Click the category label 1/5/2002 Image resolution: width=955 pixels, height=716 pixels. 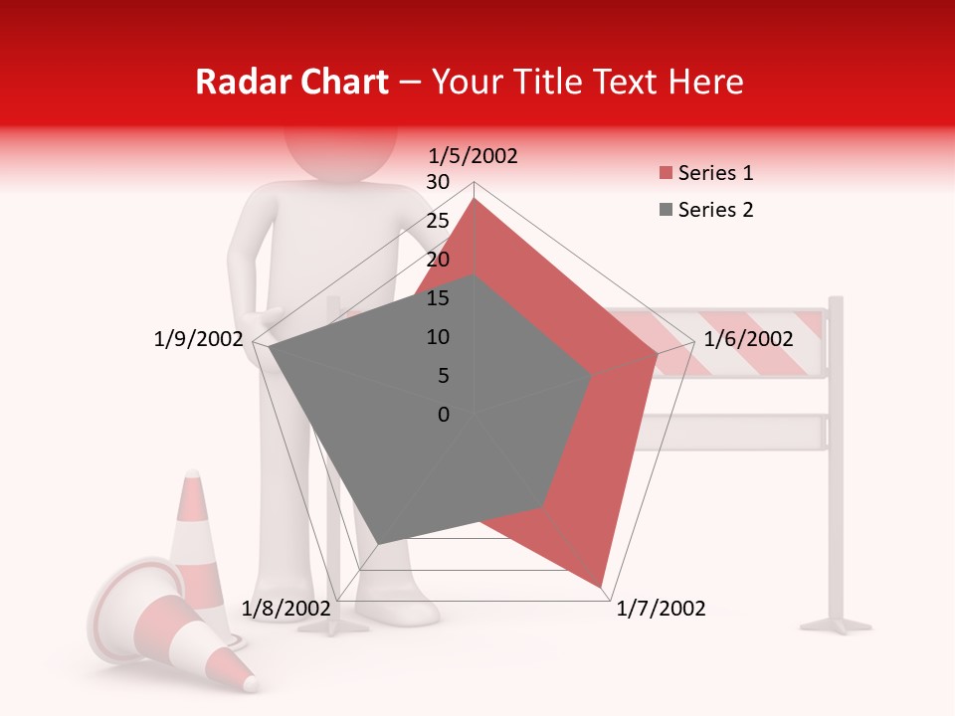pyautogui.click(x=474, y=155)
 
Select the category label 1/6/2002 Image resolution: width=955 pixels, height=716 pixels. pyautogui.click(x=748, y=339)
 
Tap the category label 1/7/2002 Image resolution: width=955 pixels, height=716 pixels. pyautogui.click(x=661, y=609)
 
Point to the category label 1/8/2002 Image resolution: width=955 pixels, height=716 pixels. pyautogui.click(x=286, y=609)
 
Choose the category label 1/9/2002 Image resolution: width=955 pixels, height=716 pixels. pyautogui.click(x=199, y=339)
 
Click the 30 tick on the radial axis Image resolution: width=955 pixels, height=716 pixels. pyautogui.click(x=438, y=182)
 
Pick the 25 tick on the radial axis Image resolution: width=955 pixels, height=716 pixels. pyautogui.click(x=438, y=221)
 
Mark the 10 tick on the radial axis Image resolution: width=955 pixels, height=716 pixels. pyautogui.click(x=438, y=337)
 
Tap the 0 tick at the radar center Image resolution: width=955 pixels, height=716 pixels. pyautogui.click(x=444, y=415)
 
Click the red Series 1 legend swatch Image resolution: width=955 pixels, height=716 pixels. pyautogui.click(x=666, y=174)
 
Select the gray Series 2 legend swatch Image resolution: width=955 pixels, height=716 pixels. pyautogui.click(x=666, y=210)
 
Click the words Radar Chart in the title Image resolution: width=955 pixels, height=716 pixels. pyautogui.click(x=291, y=83)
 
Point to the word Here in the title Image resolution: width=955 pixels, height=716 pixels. pyautogui.click(x=706, y=83)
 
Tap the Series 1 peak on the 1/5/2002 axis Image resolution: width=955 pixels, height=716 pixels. pyautogui.click(x=474, y=198)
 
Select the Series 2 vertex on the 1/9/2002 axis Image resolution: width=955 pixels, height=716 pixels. pyautogui.click(x=270, y=347)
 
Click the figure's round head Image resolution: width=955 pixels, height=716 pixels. pyautogui.click(x=338, y=149)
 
